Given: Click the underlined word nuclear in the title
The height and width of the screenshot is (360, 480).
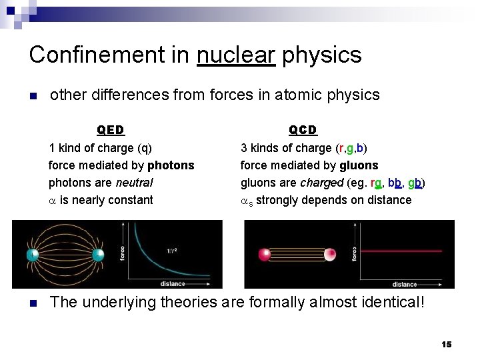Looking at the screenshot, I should click(x=236, y=55).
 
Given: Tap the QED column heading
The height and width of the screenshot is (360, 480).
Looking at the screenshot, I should click(x=111, y=130).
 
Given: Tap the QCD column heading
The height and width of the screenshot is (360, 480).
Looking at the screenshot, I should click(x=303, y=130).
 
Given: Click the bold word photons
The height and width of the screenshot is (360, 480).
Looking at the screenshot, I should click(x=171, y=165).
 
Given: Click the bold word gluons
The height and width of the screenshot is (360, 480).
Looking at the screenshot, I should click(x=359, y=165).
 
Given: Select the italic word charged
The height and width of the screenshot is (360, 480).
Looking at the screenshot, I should click(x=322, y=183).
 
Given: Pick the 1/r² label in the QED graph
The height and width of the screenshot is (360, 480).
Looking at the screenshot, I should click(x=175, y=251).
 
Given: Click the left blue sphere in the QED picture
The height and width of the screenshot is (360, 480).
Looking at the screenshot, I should click(x=31, y=255).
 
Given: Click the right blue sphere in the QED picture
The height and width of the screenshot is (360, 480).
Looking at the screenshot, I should click(x=98, y=255).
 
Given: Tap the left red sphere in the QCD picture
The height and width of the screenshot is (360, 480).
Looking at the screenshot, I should click(x=265, y=254).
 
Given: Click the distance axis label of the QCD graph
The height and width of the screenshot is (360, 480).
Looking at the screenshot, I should click(x=404, y=284).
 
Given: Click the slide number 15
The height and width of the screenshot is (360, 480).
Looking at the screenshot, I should click(x=446, y=344).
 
